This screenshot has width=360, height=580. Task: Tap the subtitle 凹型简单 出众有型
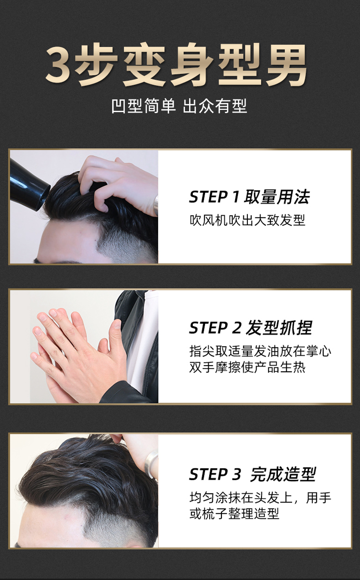click(x=179, y=106)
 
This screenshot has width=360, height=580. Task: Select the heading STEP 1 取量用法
click(x=249, y=197)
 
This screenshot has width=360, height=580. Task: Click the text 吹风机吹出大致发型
click(x=247, y=220)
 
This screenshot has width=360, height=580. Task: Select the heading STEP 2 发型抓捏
click(x=250, y=327)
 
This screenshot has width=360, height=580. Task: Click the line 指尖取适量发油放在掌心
click(x=260, y=351)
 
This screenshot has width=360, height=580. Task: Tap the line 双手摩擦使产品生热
click(x=247, y=367)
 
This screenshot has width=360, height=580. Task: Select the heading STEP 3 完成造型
click(x=252, y=474)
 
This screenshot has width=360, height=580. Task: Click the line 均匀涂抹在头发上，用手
click(x=260, y=497)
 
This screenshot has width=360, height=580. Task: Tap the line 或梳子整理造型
click(x=234, y=514)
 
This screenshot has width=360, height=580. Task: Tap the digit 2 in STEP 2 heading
click(x=236, y=328)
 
